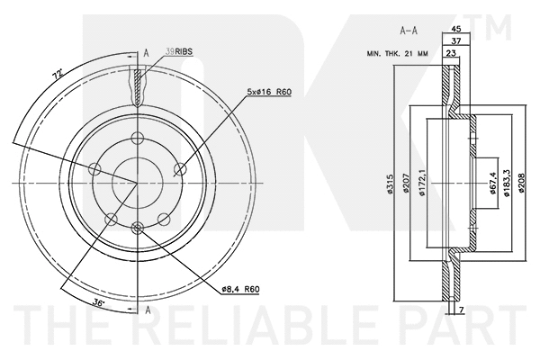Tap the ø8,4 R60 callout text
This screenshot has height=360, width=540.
coord(239,289)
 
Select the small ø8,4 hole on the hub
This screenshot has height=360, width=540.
coord(138,228)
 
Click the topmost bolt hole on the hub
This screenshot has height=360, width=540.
coord(138,137)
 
